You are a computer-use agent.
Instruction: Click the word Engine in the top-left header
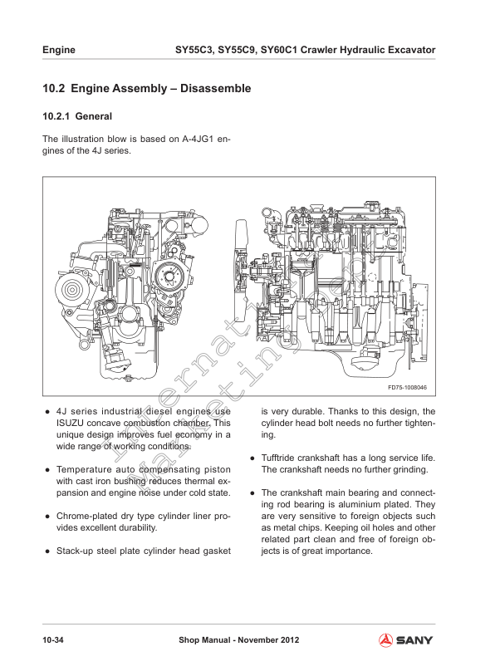[x=59, y=50]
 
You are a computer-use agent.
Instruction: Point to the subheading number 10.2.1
[x=56, y=116]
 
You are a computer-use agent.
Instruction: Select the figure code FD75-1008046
[x=407, y=388]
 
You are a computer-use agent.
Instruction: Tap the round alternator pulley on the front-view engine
[x=67, y=292]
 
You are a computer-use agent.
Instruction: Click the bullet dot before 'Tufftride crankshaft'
[x=252, y=458]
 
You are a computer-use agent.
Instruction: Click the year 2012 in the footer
[x=287, y=640]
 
